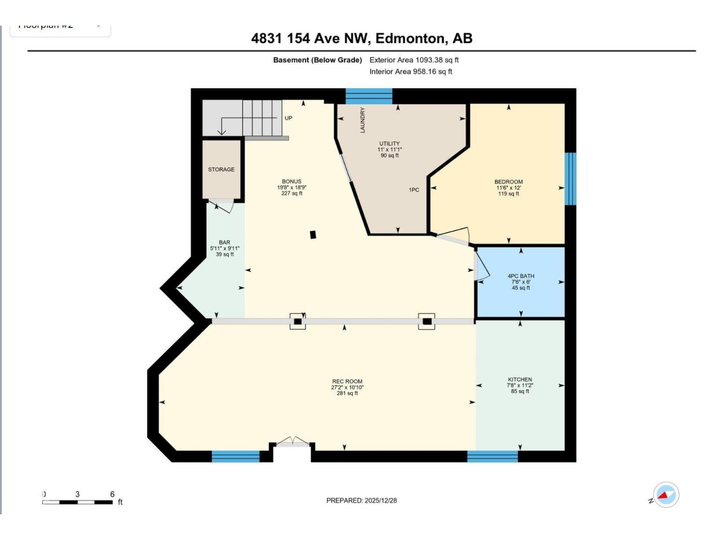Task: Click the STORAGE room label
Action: (221, 170)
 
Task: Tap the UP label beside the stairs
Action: (288, 118)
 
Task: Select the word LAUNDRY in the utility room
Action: (363, 120)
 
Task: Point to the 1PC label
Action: (414, 190)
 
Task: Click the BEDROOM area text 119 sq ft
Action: (508, 194)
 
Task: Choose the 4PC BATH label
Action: (521, 276)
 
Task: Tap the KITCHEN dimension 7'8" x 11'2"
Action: (520, 385)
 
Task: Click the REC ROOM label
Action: (347, 381)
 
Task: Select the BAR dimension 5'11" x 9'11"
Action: (225, 248)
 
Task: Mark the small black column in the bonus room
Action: (313, 234)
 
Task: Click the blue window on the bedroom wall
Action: (570, 179)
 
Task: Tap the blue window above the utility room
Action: (369, 96)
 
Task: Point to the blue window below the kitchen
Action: (492, 456)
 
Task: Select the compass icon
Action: (666, 495)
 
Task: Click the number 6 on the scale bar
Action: (112, 494)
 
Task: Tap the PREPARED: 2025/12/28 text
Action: (361, 500)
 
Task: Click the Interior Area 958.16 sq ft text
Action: (410, 72)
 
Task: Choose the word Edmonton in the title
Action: (409, 39)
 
